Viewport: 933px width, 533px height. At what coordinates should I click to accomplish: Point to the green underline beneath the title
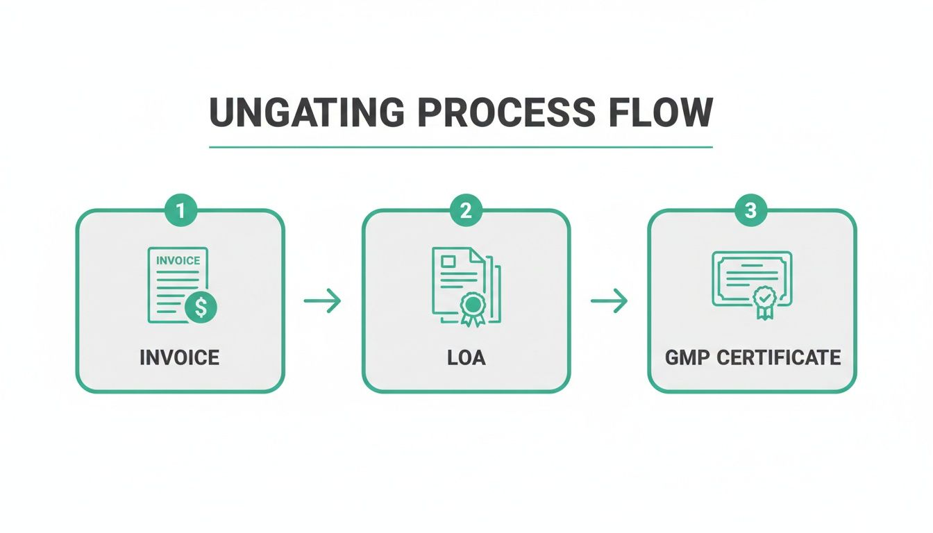pos(461,147)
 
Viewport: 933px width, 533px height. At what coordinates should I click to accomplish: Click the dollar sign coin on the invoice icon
pos(201,307)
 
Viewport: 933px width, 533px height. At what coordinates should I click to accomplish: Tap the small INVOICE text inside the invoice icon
pos(178,261)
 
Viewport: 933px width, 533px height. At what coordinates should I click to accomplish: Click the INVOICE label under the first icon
pos(180,357)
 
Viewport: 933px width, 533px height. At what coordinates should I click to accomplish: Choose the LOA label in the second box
pos(466,357)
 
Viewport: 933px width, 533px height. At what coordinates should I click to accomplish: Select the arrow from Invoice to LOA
pos(323,301)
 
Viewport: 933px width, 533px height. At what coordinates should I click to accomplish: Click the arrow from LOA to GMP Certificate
pos(609,301)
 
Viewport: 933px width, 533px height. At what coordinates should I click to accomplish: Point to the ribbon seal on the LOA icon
pos(472,307)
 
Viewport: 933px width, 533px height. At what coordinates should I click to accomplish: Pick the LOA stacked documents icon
pos(465,285)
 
